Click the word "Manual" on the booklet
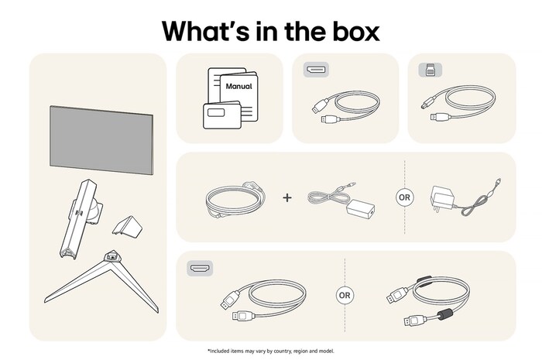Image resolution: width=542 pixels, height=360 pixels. click(238, 87)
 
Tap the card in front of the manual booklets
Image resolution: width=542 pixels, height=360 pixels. click(218, 117)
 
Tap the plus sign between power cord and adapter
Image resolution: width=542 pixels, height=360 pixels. click(287, 197)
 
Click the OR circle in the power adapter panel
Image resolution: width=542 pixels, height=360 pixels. click(405, 197)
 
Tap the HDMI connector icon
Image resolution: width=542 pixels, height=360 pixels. click(201, 269)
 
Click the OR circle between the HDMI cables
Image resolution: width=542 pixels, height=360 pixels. click(345, 296)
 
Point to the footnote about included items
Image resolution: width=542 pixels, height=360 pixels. click(271, 351)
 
